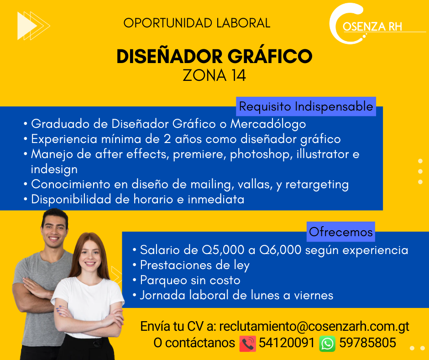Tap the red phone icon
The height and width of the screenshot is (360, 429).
point(248,344)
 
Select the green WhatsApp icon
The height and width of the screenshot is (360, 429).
point(327,344)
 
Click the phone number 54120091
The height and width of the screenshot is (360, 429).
point(287,343)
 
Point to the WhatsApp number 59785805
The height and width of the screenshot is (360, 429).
point(367,343)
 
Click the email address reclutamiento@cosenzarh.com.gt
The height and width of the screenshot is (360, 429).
point(314,327)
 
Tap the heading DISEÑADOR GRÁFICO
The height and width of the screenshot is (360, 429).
point(214,56)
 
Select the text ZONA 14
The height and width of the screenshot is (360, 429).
point(214,75)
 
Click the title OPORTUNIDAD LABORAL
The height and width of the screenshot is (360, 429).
point(197,23)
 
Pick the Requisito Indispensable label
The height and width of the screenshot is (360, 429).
point(306,106)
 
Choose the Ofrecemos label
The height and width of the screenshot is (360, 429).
point(340,232)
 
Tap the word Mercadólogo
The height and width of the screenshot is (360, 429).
point(268,124)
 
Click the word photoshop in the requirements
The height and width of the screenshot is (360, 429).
point(260,154)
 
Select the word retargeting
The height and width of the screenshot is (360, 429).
point(317,185)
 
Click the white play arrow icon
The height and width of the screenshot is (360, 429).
point(27,26)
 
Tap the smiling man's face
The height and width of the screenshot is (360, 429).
point(54,232)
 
